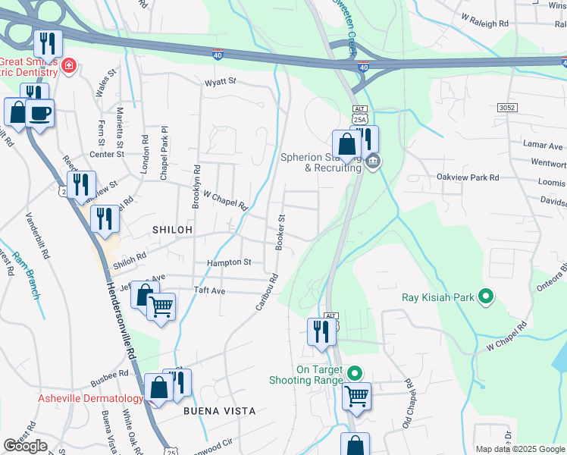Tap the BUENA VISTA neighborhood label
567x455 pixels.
(x=219, y=410)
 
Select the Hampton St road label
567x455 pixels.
(x=229, y=262)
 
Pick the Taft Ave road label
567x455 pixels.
(x=210, y=290)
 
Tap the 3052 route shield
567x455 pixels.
(x=507, y=108)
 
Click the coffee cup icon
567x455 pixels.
(x=39, y=114)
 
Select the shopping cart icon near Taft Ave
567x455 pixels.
(x=161, y=307)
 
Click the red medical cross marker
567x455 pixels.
(x=69, y=66)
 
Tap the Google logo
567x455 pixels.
(x=25, y=446)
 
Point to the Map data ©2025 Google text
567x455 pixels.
(x=520, y=449)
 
